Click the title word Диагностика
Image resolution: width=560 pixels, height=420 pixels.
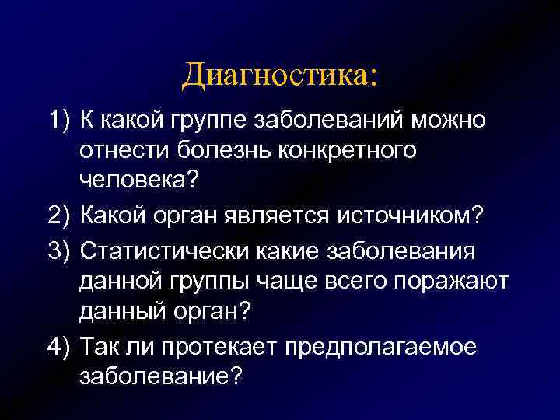(278, 75)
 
